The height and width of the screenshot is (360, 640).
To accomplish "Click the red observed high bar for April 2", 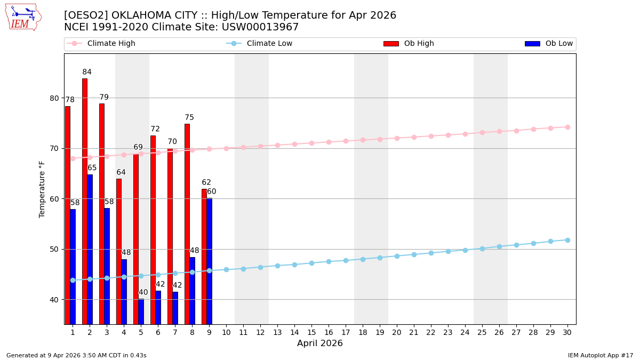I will point(85,201).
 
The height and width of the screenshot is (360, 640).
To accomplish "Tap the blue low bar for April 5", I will point(141,311).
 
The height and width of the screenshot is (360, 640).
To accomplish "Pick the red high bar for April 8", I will point(187,224).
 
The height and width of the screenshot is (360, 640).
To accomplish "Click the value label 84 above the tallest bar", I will point(87,72).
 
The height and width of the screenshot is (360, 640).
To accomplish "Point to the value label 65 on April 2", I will point(92,168).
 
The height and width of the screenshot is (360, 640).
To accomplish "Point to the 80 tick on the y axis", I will point(55,98).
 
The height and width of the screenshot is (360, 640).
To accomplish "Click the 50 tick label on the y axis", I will point(55,249).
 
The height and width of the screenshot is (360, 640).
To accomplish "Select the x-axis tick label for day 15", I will point(311,332).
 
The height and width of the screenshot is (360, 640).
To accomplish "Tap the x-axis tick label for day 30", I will point(567,332).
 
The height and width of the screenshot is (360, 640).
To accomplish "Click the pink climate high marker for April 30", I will point(567,127).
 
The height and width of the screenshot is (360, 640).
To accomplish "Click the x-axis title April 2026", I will point(320,344).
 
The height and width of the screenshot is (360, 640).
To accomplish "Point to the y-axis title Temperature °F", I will point(42,189).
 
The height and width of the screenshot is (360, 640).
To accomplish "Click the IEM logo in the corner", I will point(23,17).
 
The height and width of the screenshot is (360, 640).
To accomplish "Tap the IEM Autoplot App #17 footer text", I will point(600,355).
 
